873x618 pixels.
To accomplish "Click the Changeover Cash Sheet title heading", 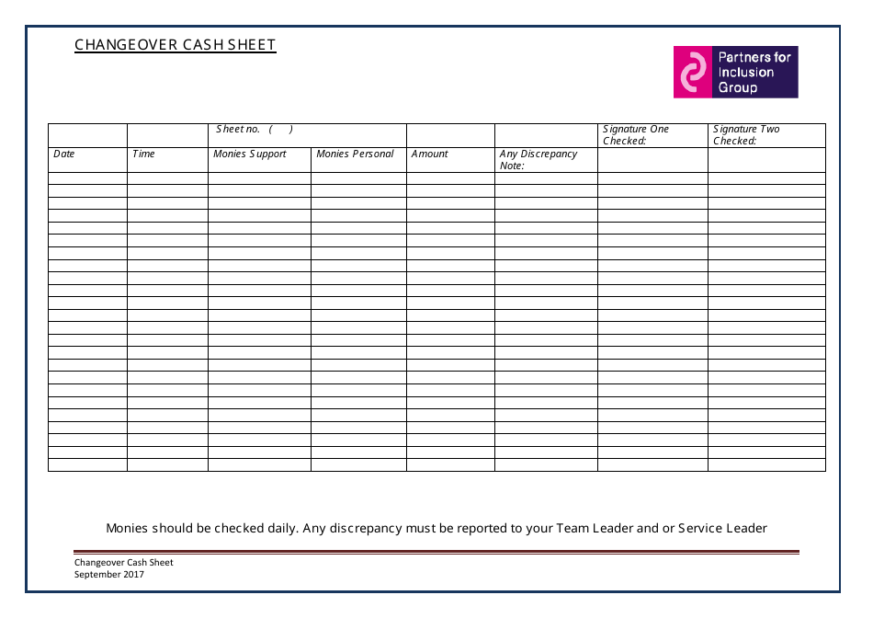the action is (175, 45).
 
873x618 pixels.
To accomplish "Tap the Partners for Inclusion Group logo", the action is (735, 72).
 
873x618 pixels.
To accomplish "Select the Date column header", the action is (64, 154).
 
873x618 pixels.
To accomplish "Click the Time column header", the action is (144, 154).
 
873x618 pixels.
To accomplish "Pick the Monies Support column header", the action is (250, 154).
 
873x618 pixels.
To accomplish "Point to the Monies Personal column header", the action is (355, 154).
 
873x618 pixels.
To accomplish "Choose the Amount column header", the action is (430, 154).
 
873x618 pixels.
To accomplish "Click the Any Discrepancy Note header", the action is (539, 159).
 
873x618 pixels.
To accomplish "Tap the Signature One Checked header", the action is (636, 134).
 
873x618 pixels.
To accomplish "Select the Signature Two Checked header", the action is (746, 134).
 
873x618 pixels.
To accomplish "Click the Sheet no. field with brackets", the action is (255, 130).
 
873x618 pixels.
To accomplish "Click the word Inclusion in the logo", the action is (746, 73).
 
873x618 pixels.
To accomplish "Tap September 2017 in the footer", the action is (109, 575).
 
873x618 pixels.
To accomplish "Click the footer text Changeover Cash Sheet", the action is (124, 563).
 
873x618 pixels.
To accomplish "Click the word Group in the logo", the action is (738, 88).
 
